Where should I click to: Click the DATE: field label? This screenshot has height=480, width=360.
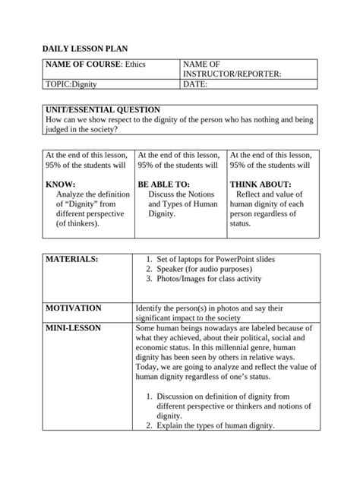coord(195,85)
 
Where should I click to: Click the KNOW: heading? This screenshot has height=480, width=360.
coord(61,185)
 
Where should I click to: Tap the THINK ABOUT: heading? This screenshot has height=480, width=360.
coord(260,185)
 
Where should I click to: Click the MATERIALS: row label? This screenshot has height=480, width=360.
coord(72,260)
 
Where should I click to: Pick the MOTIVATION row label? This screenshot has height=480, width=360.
coord(74,308)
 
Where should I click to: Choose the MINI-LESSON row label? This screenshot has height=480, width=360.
coord(74,328)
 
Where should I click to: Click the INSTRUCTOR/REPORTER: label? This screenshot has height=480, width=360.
coord(232,74)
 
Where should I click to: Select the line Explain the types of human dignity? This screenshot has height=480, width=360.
coord(215,426)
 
